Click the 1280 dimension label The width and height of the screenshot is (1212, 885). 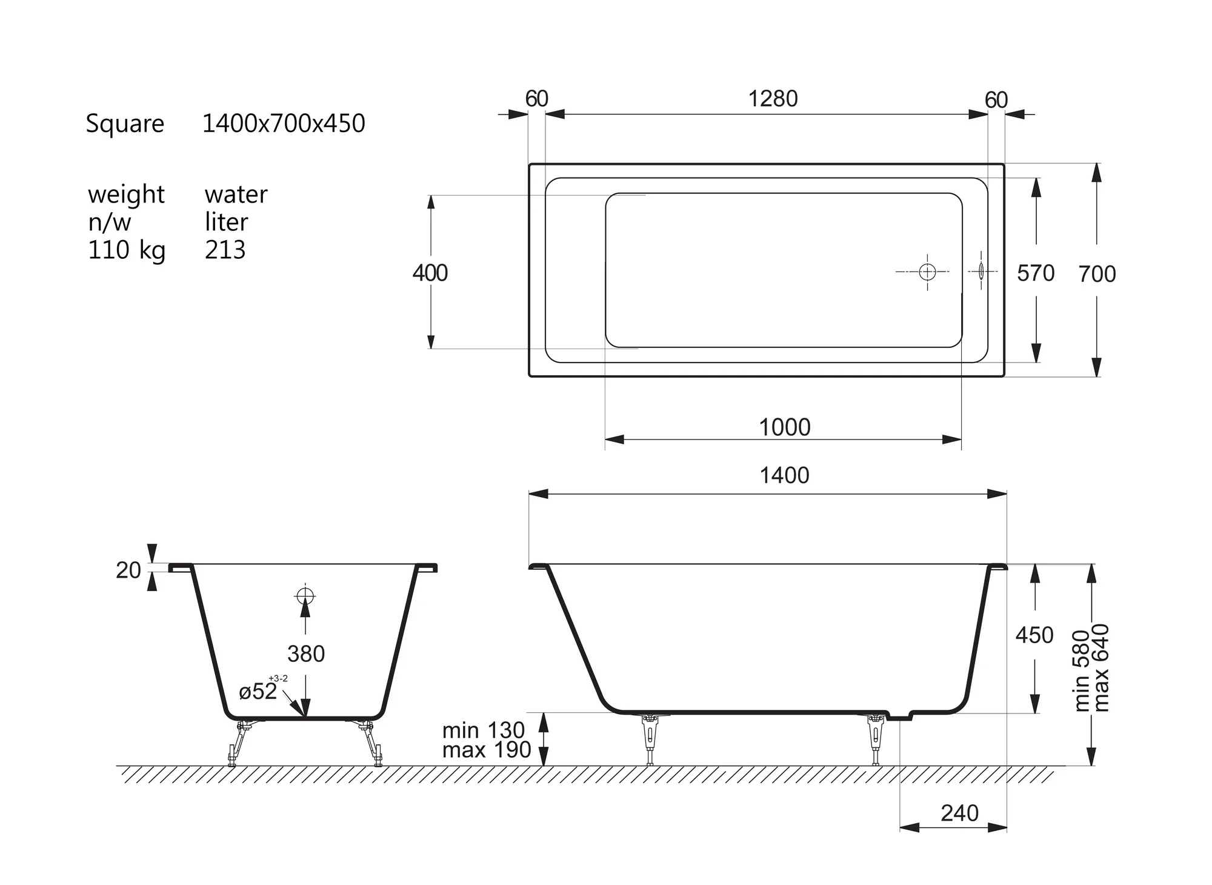click(773, 99)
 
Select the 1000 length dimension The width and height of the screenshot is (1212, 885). click(785, 427)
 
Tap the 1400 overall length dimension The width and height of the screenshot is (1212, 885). click(785, 475)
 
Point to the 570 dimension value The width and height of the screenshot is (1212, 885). click(1036, 273)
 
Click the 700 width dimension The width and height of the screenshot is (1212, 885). click(1097, 274)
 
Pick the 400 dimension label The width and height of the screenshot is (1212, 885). click(430, 273)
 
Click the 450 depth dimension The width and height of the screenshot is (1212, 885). click(1034, 635)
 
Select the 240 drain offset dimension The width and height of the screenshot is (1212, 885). click(960, 813)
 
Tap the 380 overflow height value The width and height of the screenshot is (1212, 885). click(306, 653)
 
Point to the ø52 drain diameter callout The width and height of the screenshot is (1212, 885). click(258, 691)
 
